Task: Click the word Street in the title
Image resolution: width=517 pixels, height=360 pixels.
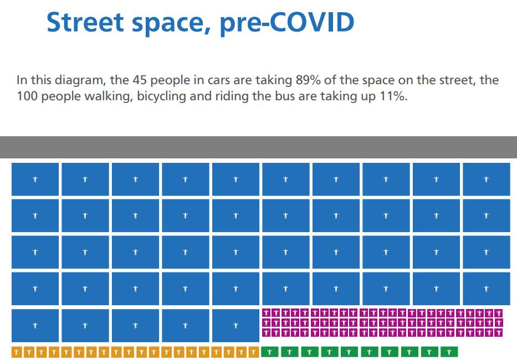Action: click(86, 22)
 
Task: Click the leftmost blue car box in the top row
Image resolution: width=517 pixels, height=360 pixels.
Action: click(35, 179)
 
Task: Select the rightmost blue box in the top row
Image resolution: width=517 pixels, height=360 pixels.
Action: click(486, 179)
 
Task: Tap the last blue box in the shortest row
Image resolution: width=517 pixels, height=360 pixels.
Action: click(236, 325)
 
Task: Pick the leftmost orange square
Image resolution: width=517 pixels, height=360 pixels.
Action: click(16, 352)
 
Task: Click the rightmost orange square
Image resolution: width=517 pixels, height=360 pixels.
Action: click(254, 352)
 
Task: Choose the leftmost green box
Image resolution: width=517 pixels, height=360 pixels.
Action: click(269, 352)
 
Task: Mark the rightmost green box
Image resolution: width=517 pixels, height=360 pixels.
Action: click(449, 352)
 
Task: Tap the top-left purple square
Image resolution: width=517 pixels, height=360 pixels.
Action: click(266, 313)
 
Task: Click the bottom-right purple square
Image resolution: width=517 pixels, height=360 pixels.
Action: click(498, 332)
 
